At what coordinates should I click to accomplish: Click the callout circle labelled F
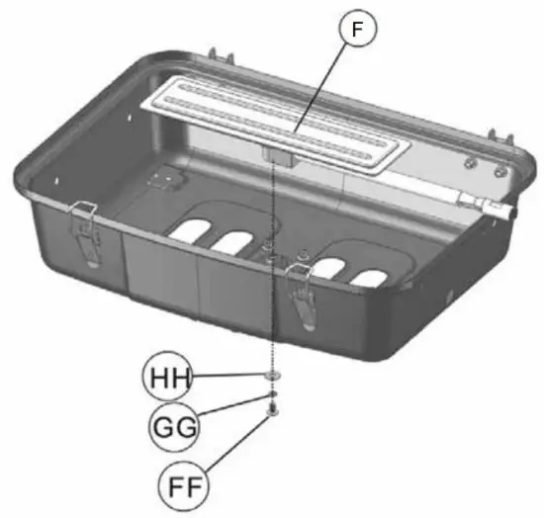pyautogui.click(x=357, y=31)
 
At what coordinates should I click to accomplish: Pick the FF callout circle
pyautogui.click(x=186, y=485)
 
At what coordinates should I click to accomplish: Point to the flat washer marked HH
pyautogui.click(x=270, y=377)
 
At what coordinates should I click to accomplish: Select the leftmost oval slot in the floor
pyautogui.click(x=190, y=230)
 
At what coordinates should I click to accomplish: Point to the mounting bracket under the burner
pyautogui.click(x=276, y=155)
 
